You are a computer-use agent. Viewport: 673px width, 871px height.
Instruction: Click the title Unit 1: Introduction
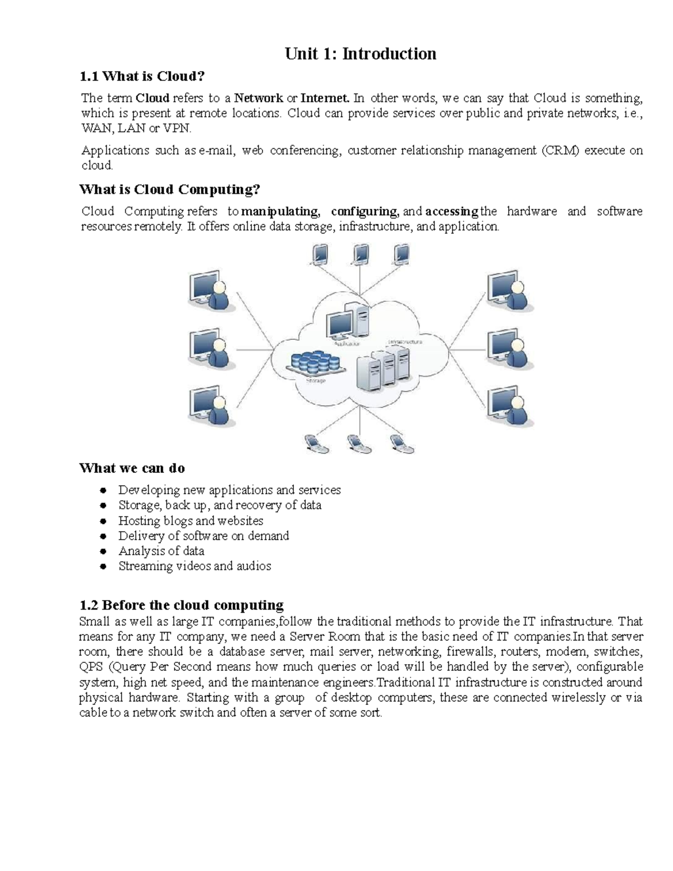360,54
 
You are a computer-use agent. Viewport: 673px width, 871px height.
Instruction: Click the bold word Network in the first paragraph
259,98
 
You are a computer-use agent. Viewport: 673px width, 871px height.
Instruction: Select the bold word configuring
365,211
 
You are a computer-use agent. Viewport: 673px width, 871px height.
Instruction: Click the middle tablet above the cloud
360,255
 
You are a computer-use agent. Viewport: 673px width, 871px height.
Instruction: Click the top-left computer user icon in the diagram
209,289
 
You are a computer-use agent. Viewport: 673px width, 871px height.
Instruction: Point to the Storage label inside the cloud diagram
316,381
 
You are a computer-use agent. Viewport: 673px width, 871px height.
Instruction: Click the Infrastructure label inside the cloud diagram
404,342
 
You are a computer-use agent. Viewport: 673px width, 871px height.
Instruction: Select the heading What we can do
132,468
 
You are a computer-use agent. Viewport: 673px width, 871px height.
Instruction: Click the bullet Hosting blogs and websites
191,520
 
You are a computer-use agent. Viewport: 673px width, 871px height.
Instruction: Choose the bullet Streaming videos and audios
195,566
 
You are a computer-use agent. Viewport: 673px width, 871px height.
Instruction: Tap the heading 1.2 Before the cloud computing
181,605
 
